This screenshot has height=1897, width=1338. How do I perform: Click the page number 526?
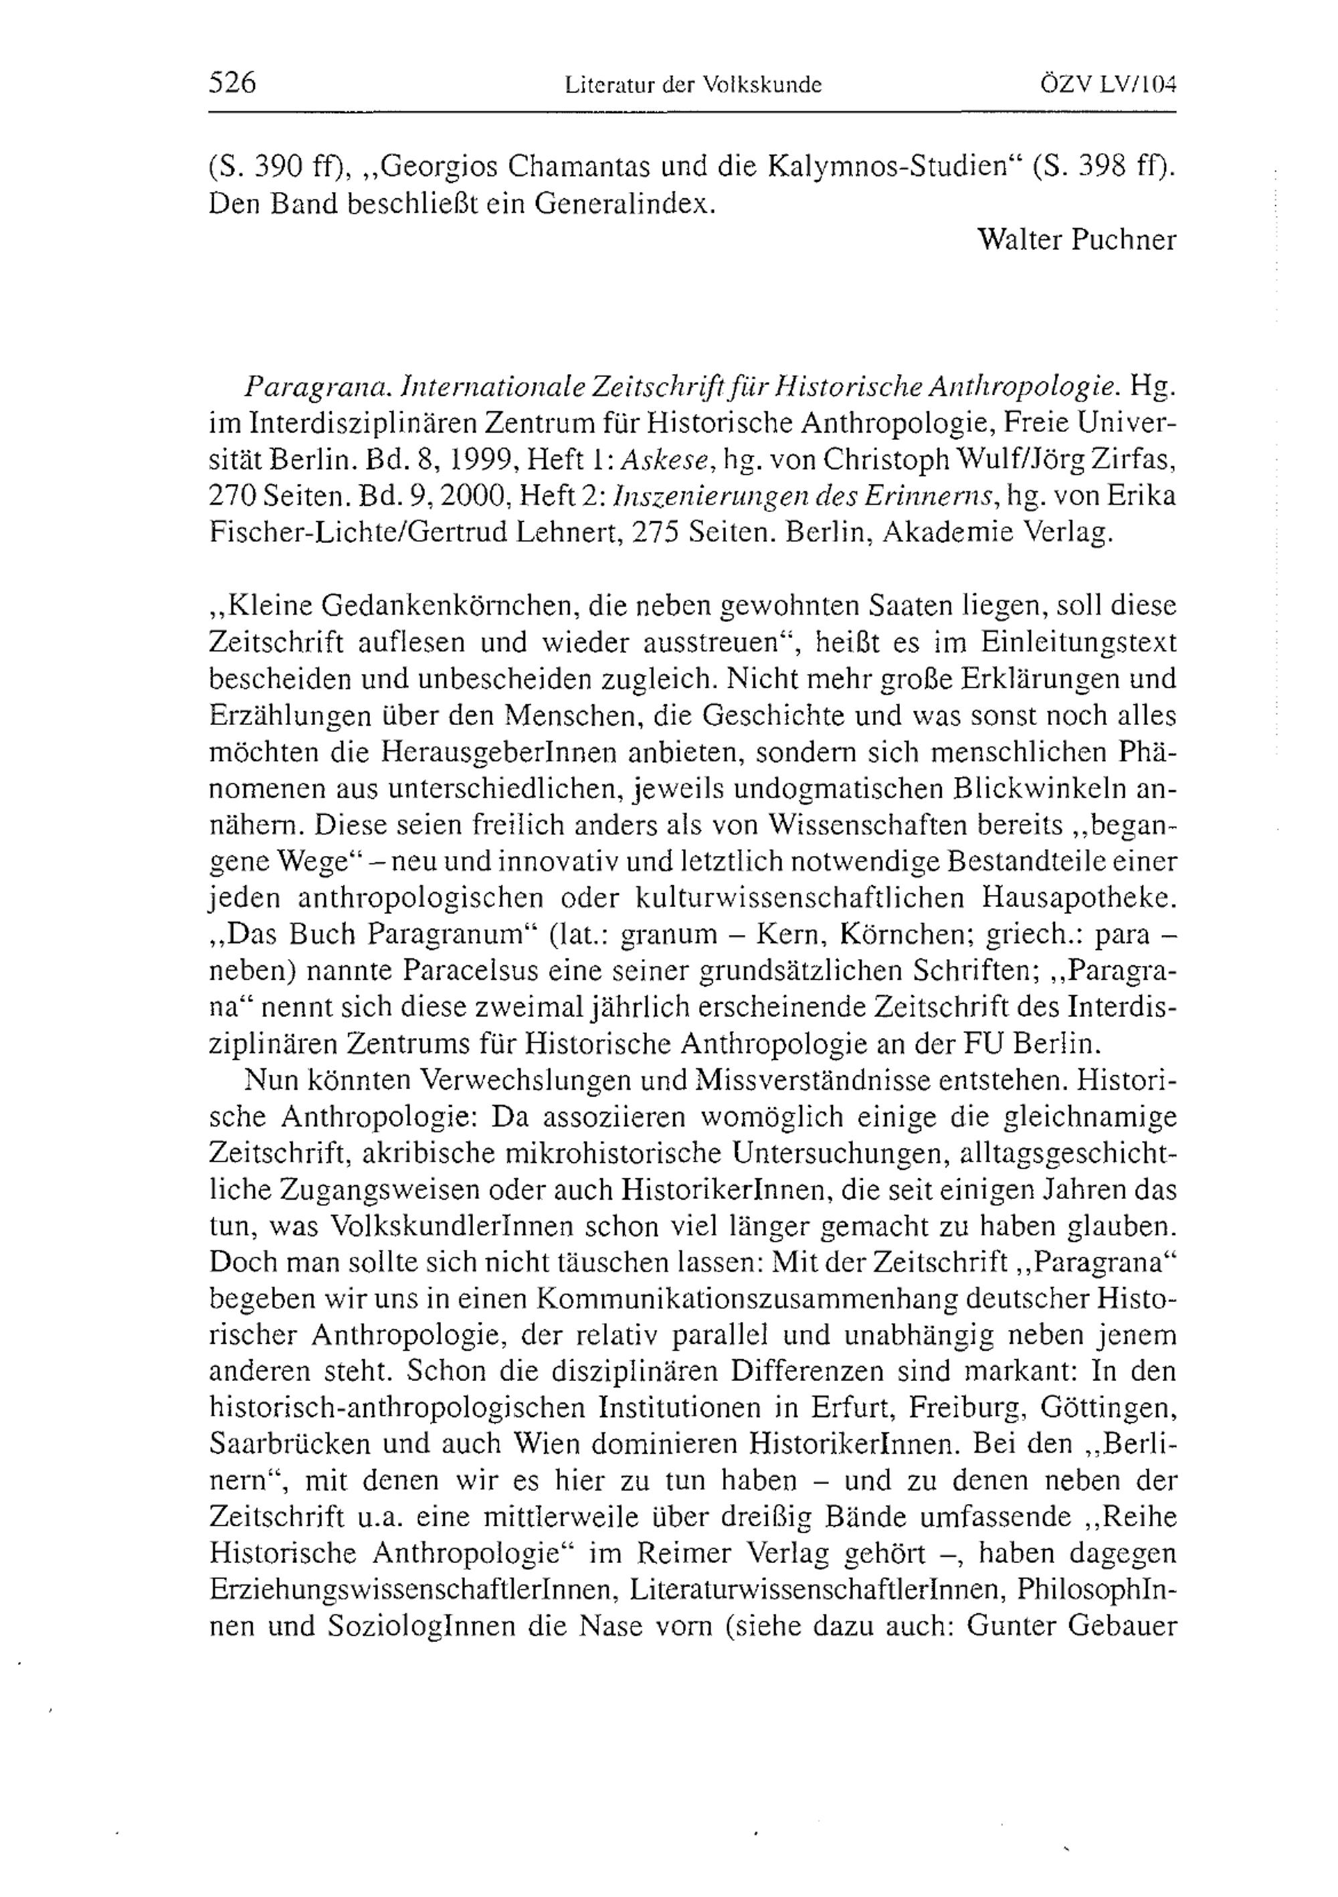tap(233, 84)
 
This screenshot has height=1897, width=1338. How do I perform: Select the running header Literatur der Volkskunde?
tap(693, 85)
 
